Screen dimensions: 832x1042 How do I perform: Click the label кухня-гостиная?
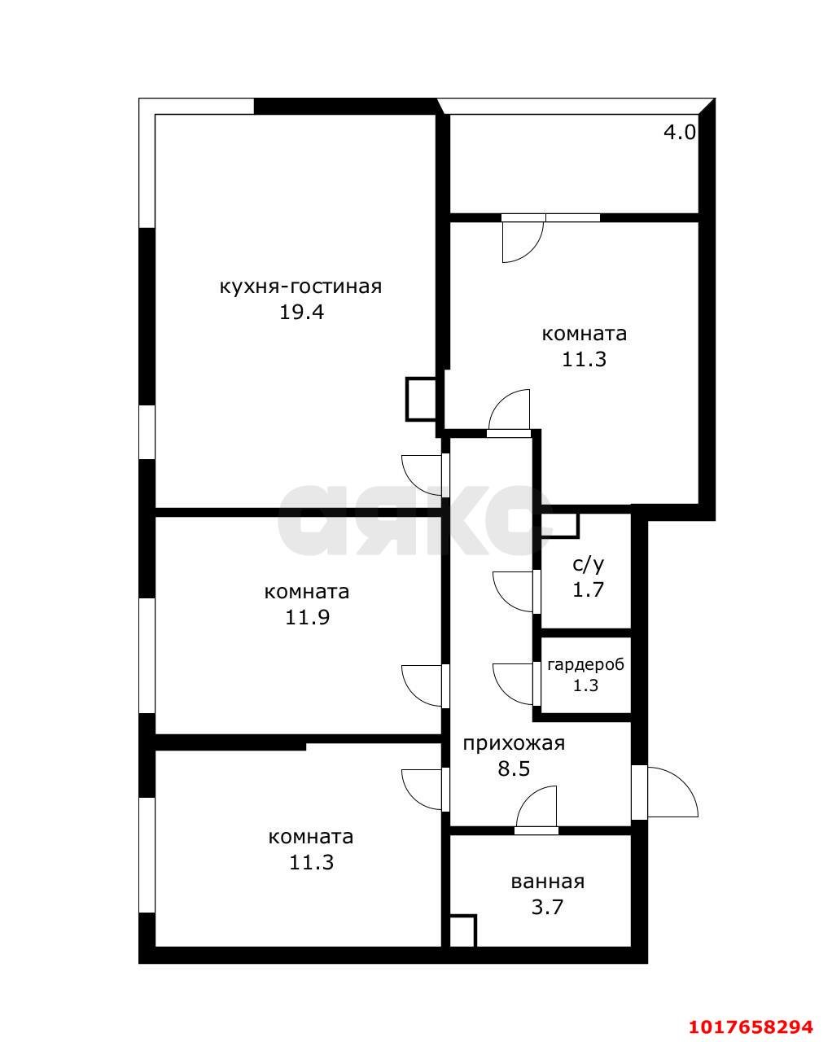(300, 287)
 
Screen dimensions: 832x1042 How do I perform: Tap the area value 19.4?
(302, 313)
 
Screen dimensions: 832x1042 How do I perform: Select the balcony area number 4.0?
(680, 132)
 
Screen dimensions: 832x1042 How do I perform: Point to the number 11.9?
(308, 618)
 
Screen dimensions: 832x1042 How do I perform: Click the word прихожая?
(514, 742)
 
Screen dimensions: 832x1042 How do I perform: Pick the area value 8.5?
(514, 768)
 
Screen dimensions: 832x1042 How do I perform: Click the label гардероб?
(585, 665)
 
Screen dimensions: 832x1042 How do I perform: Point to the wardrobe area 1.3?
(585, 685)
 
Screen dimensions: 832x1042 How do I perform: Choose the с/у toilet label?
(589, 564)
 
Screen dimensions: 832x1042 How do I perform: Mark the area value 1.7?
(589, 589)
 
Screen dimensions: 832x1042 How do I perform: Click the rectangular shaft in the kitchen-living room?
(422, 399)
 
